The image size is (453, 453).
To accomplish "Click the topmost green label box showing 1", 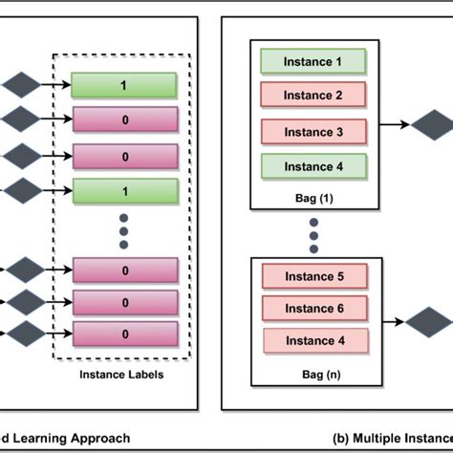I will pyautogui.click(x=123, y=85).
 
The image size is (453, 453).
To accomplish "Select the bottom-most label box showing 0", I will pyautogui.click(x=123, y=334).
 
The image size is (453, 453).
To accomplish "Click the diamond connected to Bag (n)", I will pyautogui.click(x=426, y=322).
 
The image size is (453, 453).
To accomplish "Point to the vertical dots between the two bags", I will pyautogui.click(x=313, y=233).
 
